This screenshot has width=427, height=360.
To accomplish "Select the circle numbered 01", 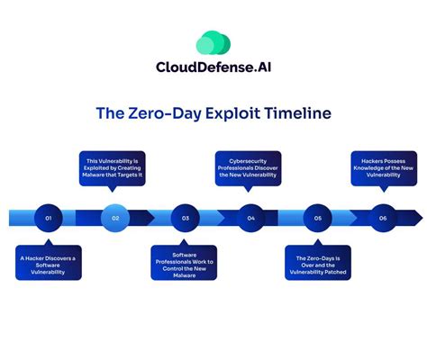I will pos(48,218).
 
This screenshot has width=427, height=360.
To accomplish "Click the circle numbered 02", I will pos(115,218).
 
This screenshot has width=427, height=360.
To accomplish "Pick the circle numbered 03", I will pos(185,218).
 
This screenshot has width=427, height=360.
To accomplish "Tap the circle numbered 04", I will pos(251,218).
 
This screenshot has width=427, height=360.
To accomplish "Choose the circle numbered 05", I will pos(318,218).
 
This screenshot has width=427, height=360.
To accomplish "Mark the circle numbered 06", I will pos(384,218).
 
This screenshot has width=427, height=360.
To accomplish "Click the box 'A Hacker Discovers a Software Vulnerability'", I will pos(48,262).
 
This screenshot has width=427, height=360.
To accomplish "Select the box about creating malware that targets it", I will pos(115,168).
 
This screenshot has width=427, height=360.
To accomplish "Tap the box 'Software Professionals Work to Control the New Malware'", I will pos(185,266).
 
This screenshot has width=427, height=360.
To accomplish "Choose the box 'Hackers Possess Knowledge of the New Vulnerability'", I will pos(382,168).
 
